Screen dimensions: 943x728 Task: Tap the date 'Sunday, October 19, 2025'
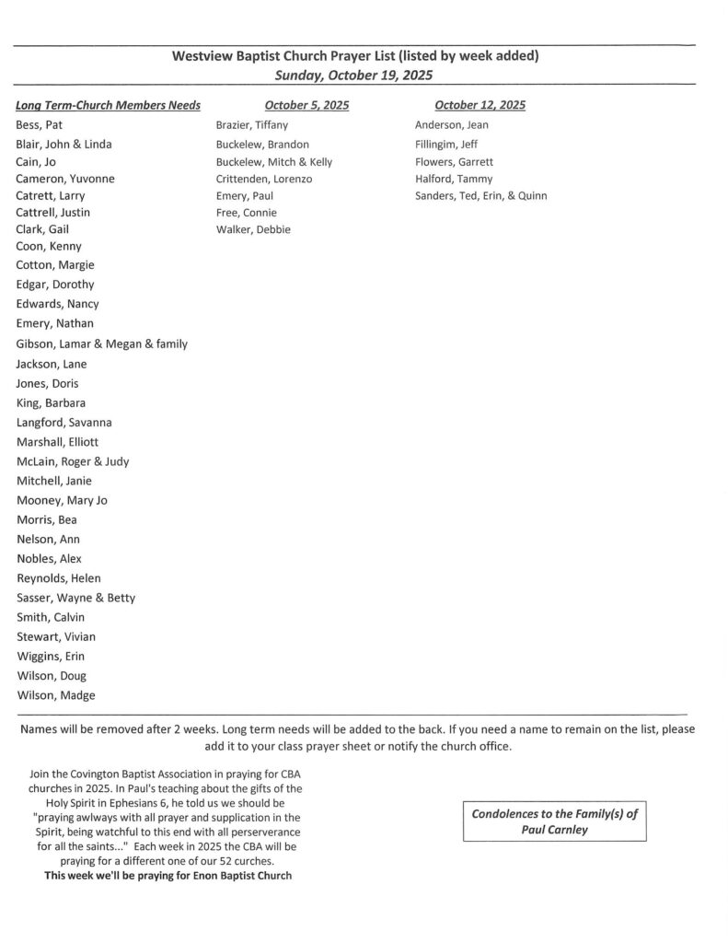pyautogui.click(x=354, y=75)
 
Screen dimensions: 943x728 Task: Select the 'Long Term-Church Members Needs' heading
pyautogui.click(x=109, y=105)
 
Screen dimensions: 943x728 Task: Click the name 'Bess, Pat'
pyautogui.click(x=40, y=124)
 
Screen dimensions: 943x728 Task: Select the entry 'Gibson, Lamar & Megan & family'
pyautogui.click(x=101, y=343)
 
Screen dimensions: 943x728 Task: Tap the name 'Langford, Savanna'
pyautogui.click(x=64, y=422)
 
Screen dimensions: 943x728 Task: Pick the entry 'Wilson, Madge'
pyautogui.click(x=55, y=695)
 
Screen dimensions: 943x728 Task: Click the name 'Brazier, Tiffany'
pyautogui.click(x=251, y=124)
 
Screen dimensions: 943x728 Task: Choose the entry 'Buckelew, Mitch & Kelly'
pyautogui.click(x=274, y=161)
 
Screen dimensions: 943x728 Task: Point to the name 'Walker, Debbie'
pyautogui.click(x=253, y=229)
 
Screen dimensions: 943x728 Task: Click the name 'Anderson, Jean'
pyautogui.click(x=452, y=124)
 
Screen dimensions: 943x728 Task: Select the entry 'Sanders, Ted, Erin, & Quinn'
pyautogui.click(x=480, y=195)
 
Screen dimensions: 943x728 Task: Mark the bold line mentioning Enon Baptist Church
pyautogui.click(x=168, y=875)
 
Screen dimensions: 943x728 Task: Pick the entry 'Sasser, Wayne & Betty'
pyautogui.click(x=75, y=598)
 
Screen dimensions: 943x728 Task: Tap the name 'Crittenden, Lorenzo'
pyautogui.click(x=264, y=179)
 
